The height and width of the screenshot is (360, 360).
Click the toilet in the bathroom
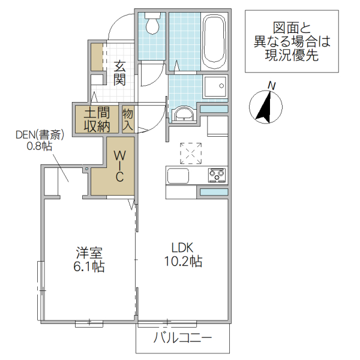pyautogui.click(x=152, y=25)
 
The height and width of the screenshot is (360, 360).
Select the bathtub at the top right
pyautogui.click(x=214, y=40)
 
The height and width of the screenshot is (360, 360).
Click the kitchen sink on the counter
pyautogui.click(x=178, y=176)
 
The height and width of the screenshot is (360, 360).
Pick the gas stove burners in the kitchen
pyautogui.click(x=216, y=175)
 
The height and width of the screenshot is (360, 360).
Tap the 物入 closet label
pyautogui.click(x=128, y=119)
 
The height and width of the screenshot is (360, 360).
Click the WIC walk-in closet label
pyautogui.click(x=119, y=166)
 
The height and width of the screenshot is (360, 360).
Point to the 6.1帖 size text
pyautogui.click(x=90, y=266)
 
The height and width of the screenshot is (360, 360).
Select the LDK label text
pyautogui.click(x=182, y=247)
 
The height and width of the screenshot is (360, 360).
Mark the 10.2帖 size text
pyautogui.click(x=182, y=262)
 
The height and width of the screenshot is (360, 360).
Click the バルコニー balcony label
pyautogui.click(x=182, y=339)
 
